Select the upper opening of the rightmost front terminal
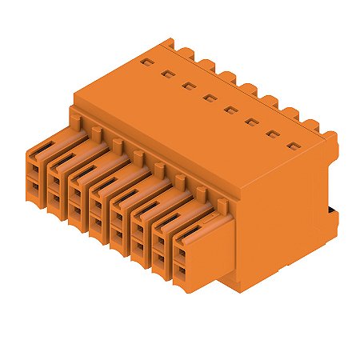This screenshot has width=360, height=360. click(182, 254)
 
